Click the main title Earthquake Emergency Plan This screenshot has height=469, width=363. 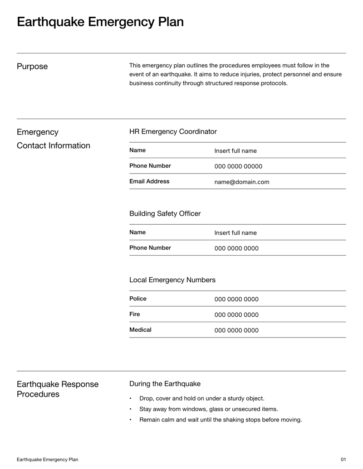pos(100,22)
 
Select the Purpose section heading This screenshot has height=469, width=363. pos(32,67)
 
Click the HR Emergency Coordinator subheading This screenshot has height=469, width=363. pos(173,132)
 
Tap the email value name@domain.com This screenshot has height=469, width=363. pos(241,182)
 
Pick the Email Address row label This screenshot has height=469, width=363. pos(149,181)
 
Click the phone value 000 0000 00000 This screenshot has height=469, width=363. pos(238,166)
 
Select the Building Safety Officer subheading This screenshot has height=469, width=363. pos(165,213)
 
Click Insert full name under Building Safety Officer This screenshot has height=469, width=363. pos(235,233)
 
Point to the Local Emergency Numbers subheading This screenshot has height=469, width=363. pos(172,280)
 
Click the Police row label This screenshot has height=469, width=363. pos(138,299)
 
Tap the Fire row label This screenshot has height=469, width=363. pos(135,314)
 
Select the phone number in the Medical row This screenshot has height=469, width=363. pos(236,330)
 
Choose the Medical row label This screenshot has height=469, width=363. pos(140,330)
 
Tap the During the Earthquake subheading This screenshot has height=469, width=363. pos(165,384)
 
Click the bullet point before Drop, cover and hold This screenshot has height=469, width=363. pos(131,399)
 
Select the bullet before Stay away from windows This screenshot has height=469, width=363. pos(131,409)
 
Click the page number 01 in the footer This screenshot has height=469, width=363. pos(343,459)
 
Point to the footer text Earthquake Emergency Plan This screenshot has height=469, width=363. pos(47,459)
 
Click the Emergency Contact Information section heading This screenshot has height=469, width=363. pos(53,139)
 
